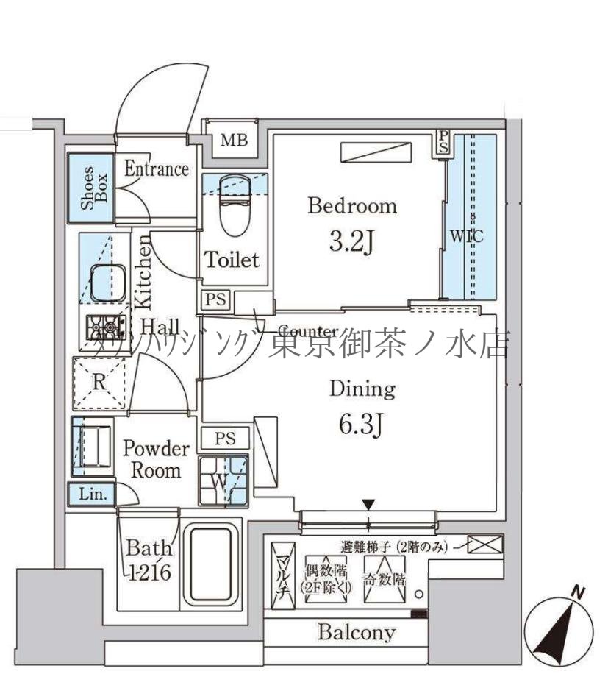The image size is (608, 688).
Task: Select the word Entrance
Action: pos(156,169)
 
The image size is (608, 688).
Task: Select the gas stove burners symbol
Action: pos(103,325)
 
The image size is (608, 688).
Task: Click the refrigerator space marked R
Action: pos(98,382)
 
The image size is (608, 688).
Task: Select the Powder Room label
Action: pos(155,459)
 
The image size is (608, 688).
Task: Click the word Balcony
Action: pos(356,631)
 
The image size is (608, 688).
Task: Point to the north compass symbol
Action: pos(562,626)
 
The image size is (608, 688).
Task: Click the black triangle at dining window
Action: pos(368,505)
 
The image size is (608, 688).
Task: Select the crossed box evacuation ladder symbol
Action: pos(487,545)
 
